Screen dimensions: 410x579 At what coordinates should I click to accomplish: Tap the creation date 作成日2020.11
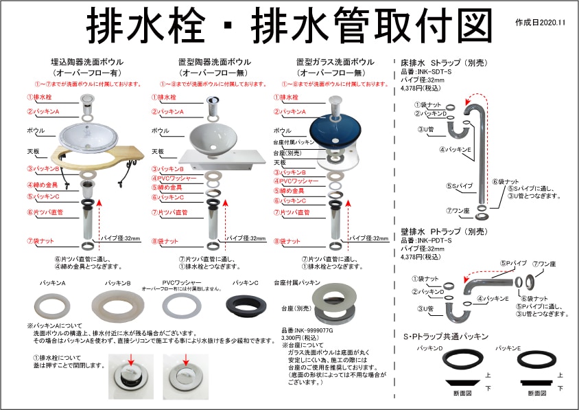[539, 23]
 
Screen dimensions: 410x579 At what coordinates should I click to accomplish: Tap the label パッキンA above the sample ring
[51, 282]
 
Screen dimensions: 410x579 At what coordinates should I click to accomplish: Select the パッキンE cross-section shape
[536, 382]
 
